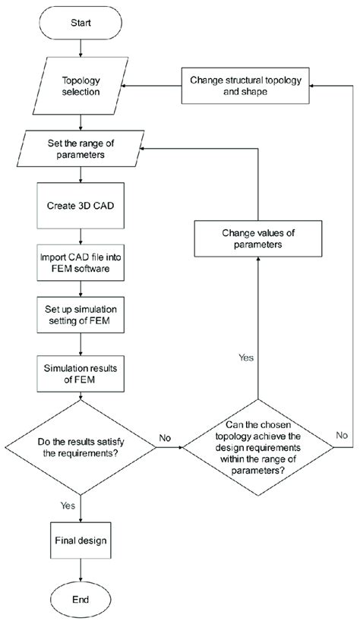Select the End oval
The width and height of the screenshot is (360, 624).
pos(81,599)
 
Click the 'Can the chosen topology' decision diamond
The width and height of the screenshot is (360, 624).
pos(259,449)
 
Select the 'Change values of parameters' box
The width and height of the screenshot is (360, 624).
pos(259,239)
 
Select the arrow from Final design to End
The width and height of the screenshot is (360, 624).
pos(81,570)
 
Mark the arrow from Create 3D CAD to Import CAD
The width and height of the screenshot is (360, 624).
pos(81,235)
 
